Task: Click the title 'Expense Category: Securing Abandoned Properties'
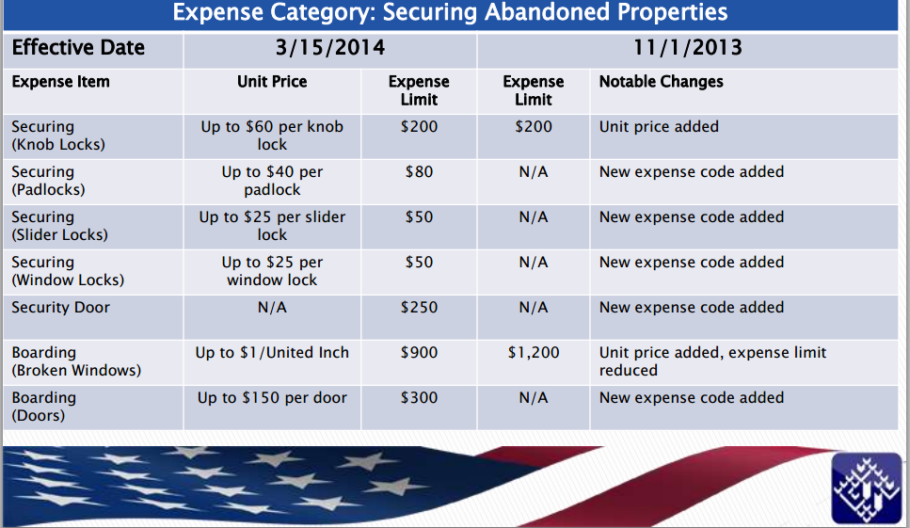pyautogui.click(x=450, y=11)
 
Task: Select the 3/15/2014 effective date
pyautogui.click(x=330, y=48)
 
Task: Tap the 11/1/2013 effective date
pyautogui.click(x=688, y=48)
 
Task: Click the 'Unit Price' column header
pyautogui.click(x=272, y=82)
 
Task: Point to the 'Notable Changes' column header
pyautogui.click(x=661, y=82)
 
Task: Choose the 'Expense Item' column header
pyautogui.click(x=60, y=82)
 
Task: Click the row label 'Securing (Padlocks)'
pyautogui.click(x=48, y=181)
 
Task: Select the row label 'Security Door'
pyautogui.click(x=60, y=308)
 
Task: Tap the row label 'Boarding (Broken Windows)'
pyautogui.click(x=76, y=361)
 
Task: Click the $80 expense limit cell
pyautogui.click(x=419, y=171)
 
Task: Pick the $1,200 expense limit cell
pyautogui.click(x=534, y=353)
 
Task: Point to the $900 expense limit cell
pyautogui.click(x=419, y=353)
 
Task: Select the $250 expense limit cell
pyautogui.click(x=419, y=308)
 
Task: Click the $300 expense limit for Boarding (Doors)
pyautogui.click(x=419, y=398)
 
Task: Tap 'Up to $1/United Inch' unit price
pyautogui.click(x=272, y=353)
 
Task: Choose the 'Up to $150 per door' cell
pyautogui.click(x=272, y=398)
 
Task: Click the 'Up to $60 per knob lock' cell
pyautogui.click(x=272, y=136)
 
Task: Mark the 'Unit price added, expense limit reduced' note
pyautogui.click(x=712, y=361)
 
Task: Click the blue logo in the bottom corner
pyautogui.click(x=867, y=488)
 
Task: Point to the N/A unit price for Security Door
pyautogui.click(x=272, y=308)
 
